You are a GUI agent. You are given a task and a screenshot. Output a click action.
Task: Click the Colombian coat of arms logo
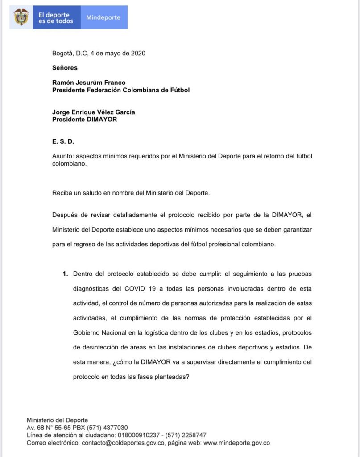point(21,17)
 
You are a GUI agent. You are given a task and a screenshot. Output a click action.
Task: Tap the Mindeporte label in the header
point(103,17)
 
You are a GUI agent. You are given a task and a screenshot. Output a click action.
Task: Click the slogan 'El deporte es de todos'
point(56,18)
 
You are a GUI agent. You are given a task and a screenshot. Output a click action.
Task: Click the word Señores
point(65,68)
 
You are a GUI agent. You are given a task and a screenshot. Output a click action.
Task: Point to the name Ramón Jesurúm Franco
point(89,83)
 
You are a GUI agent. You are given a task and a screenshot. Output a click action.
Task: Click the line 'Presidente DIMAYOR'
point(85,120)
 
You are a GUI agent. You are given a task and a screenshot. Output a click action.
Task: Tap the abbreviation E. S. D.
point(63,141)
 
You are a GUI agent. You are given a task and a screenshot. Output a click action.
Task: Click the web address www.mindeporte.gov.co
point(236,443)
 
